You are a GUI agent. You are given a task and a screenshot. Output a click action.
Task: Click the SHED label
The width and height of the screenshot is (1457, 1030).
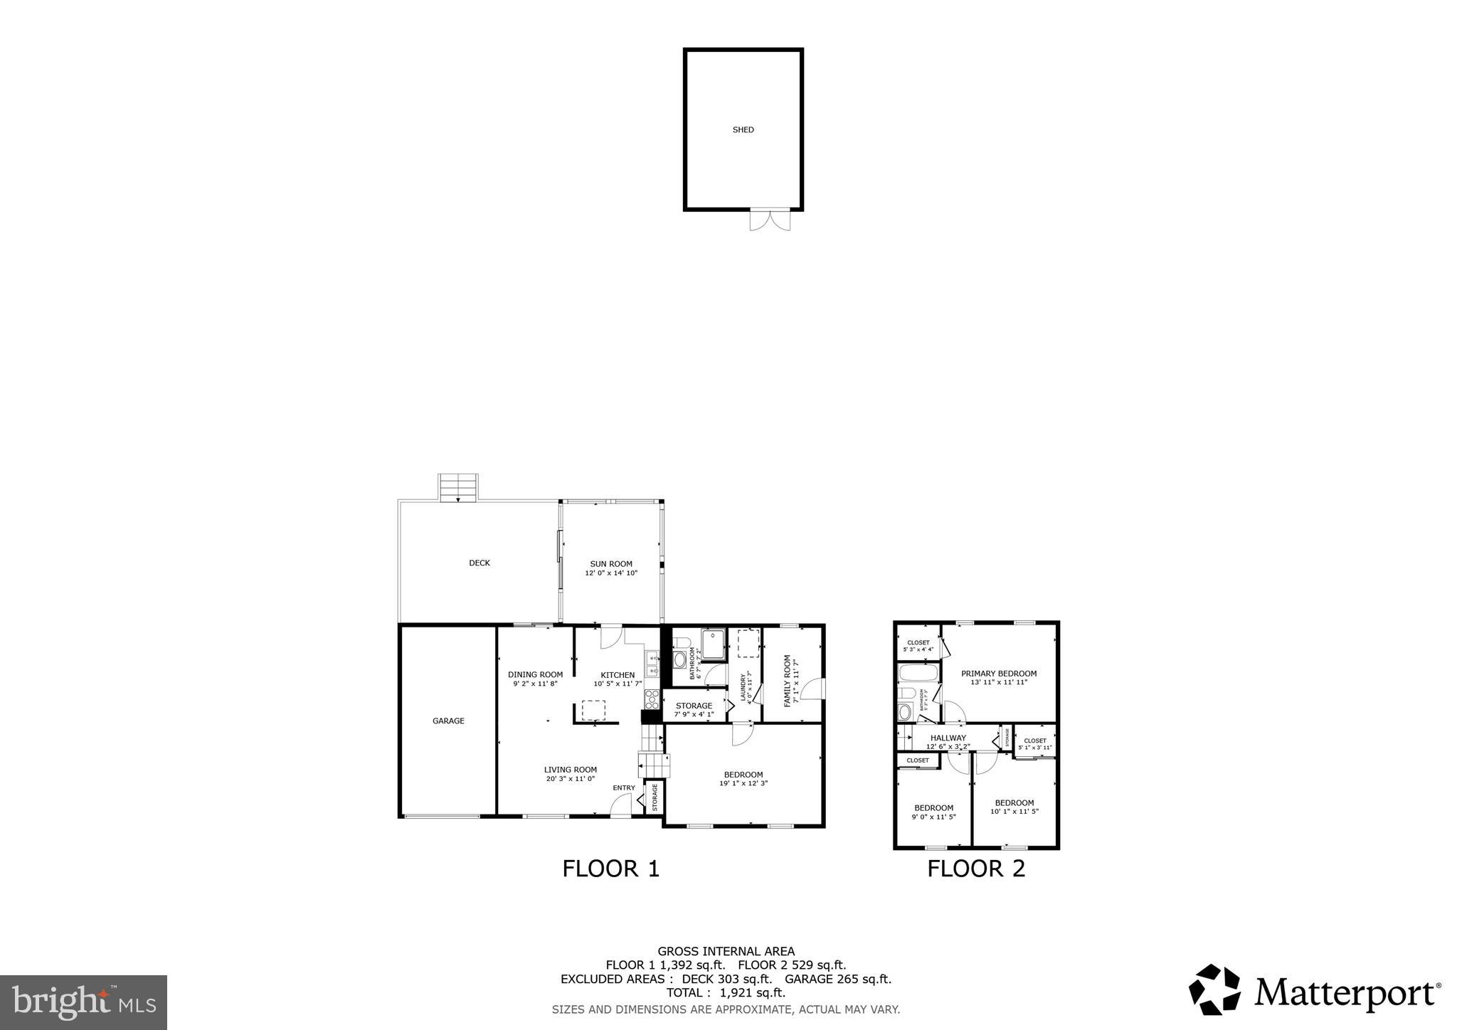743,130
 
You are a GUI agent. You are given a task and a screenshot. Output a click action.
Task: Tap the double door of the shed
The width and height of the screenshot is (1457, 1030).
770,219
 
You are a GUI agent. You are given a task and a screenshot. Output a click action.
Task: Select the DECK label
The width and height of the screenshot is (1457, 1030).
479,563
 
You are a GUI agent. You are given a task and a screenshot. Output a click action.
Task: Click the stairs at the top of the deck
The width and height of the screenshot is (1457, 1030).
457,488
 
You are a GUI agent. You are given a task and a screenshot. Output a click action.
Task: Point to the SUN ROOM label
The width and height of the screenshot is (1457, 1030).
610,564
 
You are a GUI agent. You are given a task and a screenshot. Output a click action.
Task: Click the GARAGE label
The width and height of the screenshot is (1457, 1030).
448,721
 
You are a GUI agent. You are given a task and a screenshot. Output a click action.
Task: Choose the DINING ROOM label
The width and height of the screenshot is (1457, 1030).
535,675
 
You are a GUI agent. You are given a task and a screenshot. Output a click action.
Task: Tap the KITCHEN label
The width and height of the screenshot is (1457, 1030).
618,676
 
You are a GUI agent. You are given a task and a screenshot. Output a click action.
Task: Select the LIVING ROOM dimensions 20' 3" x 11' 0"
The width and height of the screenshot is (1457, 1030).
570,779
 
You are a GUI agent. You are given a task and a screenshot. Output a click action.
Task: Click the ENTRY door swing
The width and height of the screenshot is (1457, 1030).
622,806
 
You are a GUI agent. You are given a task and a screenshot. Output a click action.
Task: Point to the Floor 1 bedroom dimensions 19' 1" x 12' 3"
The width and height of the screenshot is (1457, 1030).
743,784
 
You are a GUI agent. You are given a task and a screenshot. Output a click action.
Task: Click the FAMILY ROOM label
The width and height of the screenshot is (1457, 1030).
788,681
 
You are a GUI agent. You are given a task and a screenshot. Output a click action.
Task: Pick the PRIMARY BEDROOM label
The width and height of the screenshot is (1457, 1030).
998,674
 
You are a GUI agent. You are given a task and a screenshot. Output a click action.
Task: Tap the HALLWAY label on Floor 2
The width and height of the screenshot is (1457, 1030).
948,738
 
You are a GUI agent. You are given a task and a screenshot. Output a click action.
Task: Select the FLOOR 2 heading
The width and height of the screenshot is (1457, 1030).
976,869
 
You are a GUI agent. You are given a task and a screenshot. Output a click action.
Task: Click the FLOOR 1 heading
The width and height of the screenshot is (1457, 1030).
611,869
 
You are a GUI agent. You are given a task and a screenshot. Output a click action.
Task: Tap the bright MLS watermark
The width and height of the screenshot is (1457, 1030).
83,1003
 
